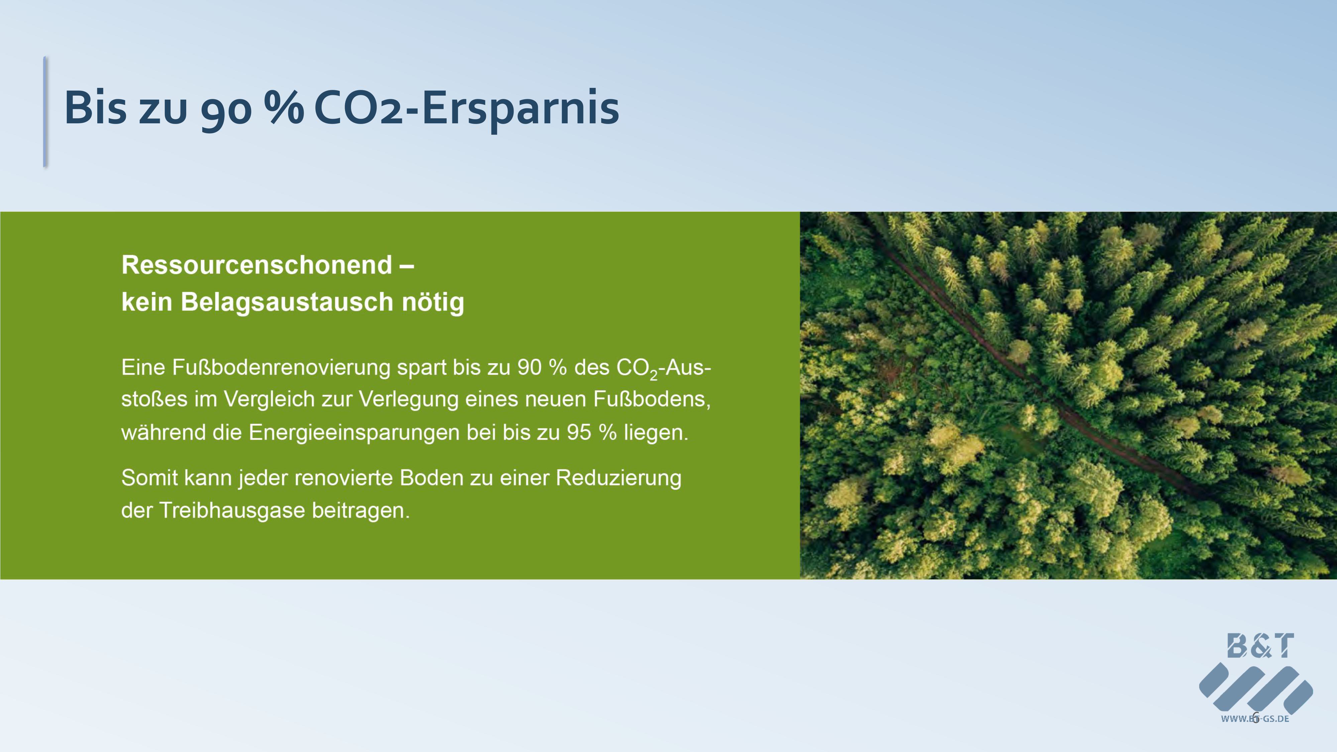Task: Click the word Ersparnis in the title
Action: point(521,108)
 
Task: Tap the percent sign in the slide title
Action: point(284,107)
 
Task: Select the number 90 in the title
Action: point(226,111)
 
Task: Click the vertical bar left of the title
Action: point(45,112)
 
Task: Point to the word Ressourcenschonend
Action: point(257,265)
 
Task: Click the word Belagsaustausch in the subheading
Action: point(287,302)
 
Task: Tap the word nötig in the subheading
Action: point(433,302)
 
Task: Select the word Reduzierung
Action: point(619,478)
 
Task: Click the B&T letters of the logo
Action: point(1260,646)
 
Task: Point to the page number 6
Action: point(1255,718)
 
